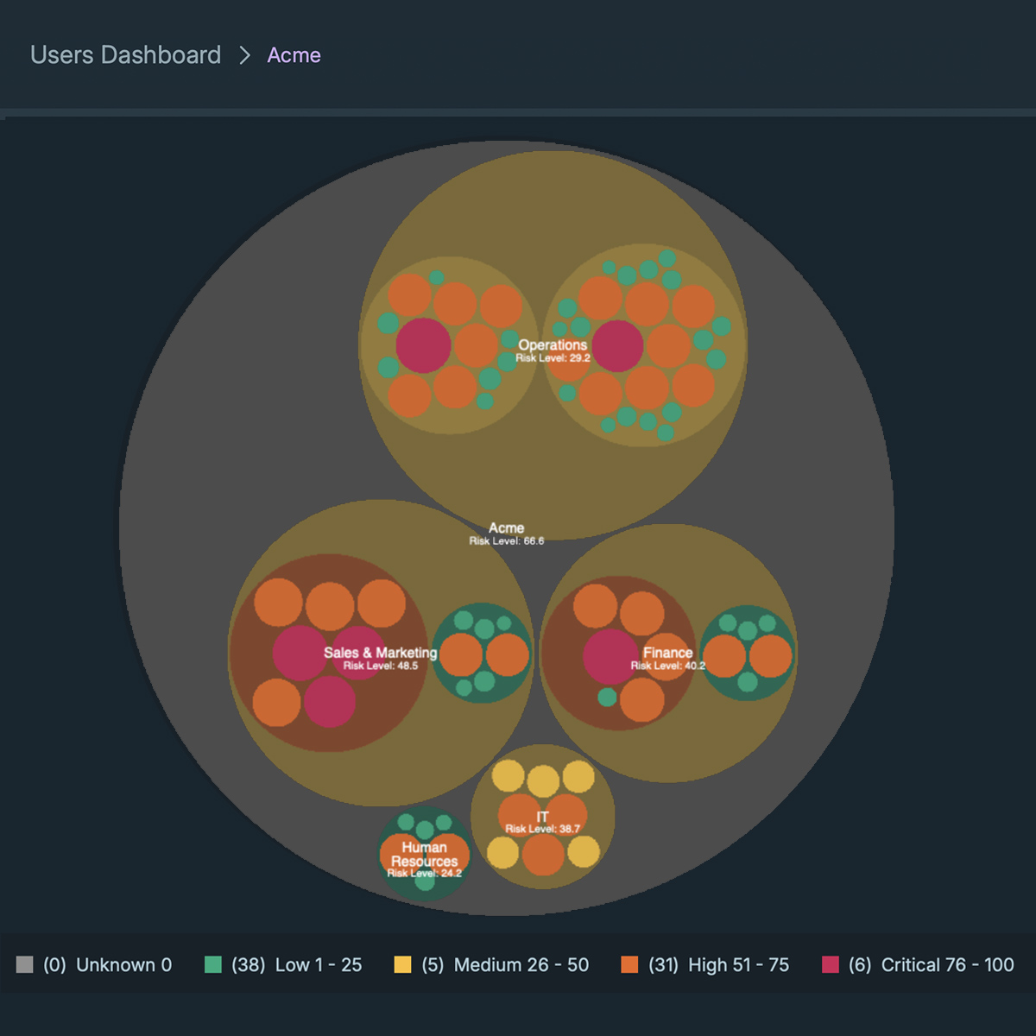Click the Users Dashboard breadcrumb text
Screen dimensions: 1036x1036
click(x=125, y=55)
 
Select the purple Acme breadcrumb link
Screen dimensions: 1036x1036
click(x=294, y=55)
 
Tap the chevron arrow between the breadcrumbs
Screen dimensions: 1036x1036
click(x=244, y=55)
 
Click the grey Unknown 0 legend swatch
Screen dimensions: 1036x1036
click(x=25, y=964)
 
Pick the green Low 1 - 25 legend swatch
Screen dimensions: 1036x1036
click(x=213, y=964)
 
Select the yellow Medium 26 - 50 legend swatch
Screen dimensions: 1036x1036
click(x=402, y=964)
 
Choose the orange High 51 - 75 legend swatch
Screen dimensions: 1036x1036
click(x=629, y=964)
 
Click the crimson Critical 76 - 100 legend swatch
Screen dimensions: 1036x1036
click(x=831, y=964)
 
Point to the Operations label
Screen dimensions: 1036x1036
click(x=553, y=344)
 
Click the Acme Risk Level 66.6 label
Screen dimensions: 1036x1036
click(x=507, y=540)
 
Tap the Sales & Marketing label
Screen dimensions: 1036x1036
click(x=380, y=653)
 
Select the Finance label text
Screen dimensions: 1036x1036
click(x=667, y=653)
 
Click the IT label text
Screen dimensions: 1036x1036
click(x=542, y=817)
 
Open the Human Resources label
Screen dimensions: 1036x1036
click(x=424, y=854)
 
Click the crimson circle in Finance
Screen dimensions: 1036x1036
click(x=610, y=656)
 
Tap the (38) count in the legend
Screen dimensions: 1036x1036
click(x=248, y=964)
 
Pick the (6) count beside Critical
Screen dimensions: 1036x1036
click(x=859, y=964)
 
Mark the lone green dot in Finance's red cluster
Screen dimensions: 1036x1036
click(x=607, y=697)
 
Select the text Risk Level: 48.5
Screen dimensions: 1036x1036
click(x=380, y=666)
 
